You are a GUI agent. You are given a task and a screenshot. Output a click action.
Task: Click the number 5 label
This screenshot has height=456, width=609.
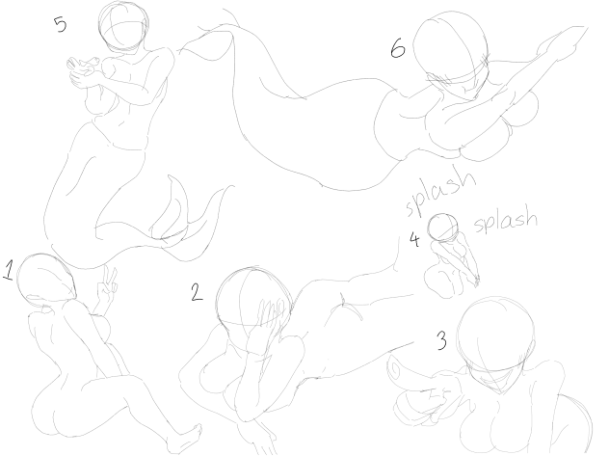pyautogui.click(x=61, y=24)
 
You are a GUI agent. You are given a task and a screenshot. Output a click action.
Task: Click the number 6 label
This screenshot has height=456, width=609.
pyautogui.click(x=398, y=49)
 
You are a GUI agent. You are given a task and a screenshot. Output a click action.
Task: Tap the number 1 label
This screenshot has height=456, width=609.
pyautogui.click(x=10, y=270)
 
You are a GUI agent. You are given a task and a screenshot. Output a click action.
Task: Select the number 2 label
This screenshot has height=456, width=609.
pyautogui.click(x=197, y=292)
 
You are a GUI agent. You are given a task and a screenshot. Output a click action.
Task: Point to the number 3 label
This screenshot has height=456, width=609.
pyautogui.click(x=441, y=340)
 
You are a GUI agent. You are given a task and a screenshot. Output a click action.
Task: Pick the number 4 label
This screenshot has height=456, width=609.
pyautogui.click(x=414, y=240)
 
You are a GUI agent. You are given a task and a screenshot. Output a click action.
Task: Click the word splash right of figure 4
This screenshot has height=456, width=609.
pyautogui.click(x=506, y=221)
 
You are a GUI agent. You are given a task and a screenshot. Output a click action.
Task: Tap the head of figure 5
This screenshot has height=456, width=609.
pyautogui.click(x=123, y=26)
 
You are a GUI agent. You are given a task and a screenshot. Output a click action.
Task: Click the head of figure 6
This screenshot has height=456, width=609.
pyautogui.click(x=451, y=50)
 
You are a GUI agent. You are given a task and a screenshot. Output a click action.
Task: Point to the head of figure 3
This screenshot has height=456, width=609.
pyautogui.click(x=496, y=337)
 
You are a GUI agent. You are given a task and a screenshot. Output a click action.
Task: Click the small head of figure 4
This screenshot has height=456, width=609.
pyautogui.click(x=442, y=228)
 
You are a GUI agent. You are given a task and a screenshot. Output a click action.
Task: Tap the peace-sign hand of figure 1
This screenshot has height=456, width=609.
pyautogui.click(x=107, y=288)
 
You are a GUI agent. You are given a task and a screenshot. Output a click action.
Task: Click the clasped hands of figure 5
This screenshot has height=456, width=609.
pyautogui.click(x=82, y=70)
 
